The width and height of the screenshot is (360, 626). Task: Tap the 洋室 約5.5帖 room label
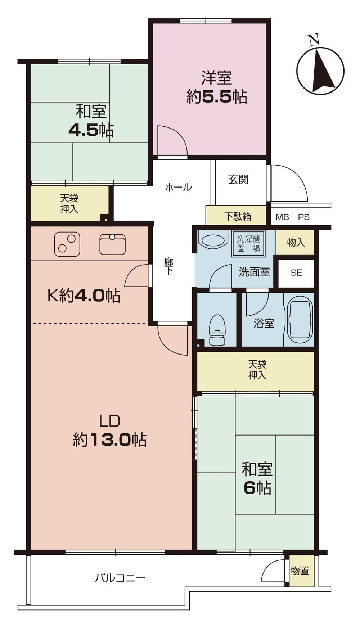(217, 87)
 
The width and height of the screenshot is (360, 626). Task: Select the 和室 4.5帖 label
(91, 121)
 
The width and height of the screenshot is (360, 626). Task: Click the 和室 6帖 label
(257, 478)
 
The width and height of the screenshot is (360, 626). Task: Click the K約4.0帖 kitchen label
(84, 296)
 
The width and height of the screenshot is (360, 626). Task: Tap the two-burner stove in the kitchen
(67, 244)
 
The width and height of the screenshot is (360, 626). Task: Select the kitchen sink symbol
(113, 244)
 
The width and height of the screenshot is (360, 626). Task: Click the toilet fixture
(217, 330)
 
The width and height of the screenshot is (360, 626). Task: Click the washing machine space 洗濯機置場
(248, 243)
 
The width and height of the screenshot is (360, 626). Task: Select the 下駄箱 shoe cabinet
(238, 216)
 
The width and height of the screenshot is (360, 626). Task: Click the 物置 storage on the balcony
(300, 571)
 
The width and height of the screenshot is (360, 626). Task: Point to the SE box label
(296, 273)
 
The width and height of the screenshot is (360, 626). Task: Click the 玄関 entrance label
(238, 179)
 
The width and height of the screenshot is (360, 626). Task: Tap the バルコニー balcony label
(120, 578)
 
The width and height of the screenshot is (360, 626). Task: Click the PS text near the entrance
(303, 217)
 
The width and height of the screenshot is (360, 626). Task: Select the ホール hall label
(178, 187)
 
